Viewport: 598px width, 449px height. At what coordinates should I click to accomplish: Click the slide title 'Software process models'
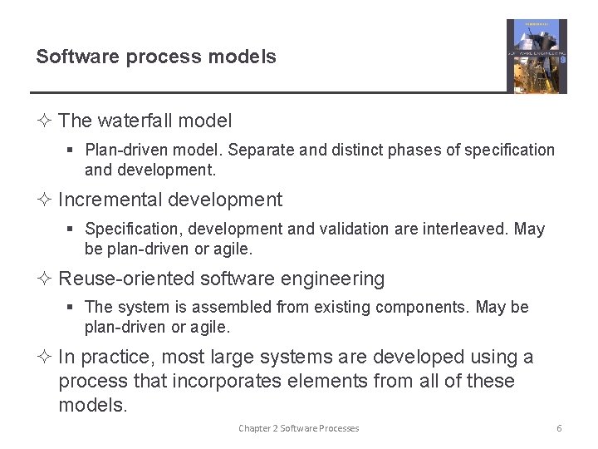coord(156,57)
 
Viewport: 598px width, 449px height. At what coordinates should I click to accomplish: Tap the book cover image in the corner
coord(537,57)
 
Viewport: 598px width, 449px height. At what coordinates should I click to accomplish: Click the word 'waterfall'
coord(135,121)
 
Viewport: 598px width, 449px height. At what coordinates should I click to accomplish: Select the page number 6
coord(559,428)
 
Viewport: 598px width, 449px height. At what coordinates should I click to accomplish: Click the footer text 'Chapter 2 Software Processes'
coord(299,428)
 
